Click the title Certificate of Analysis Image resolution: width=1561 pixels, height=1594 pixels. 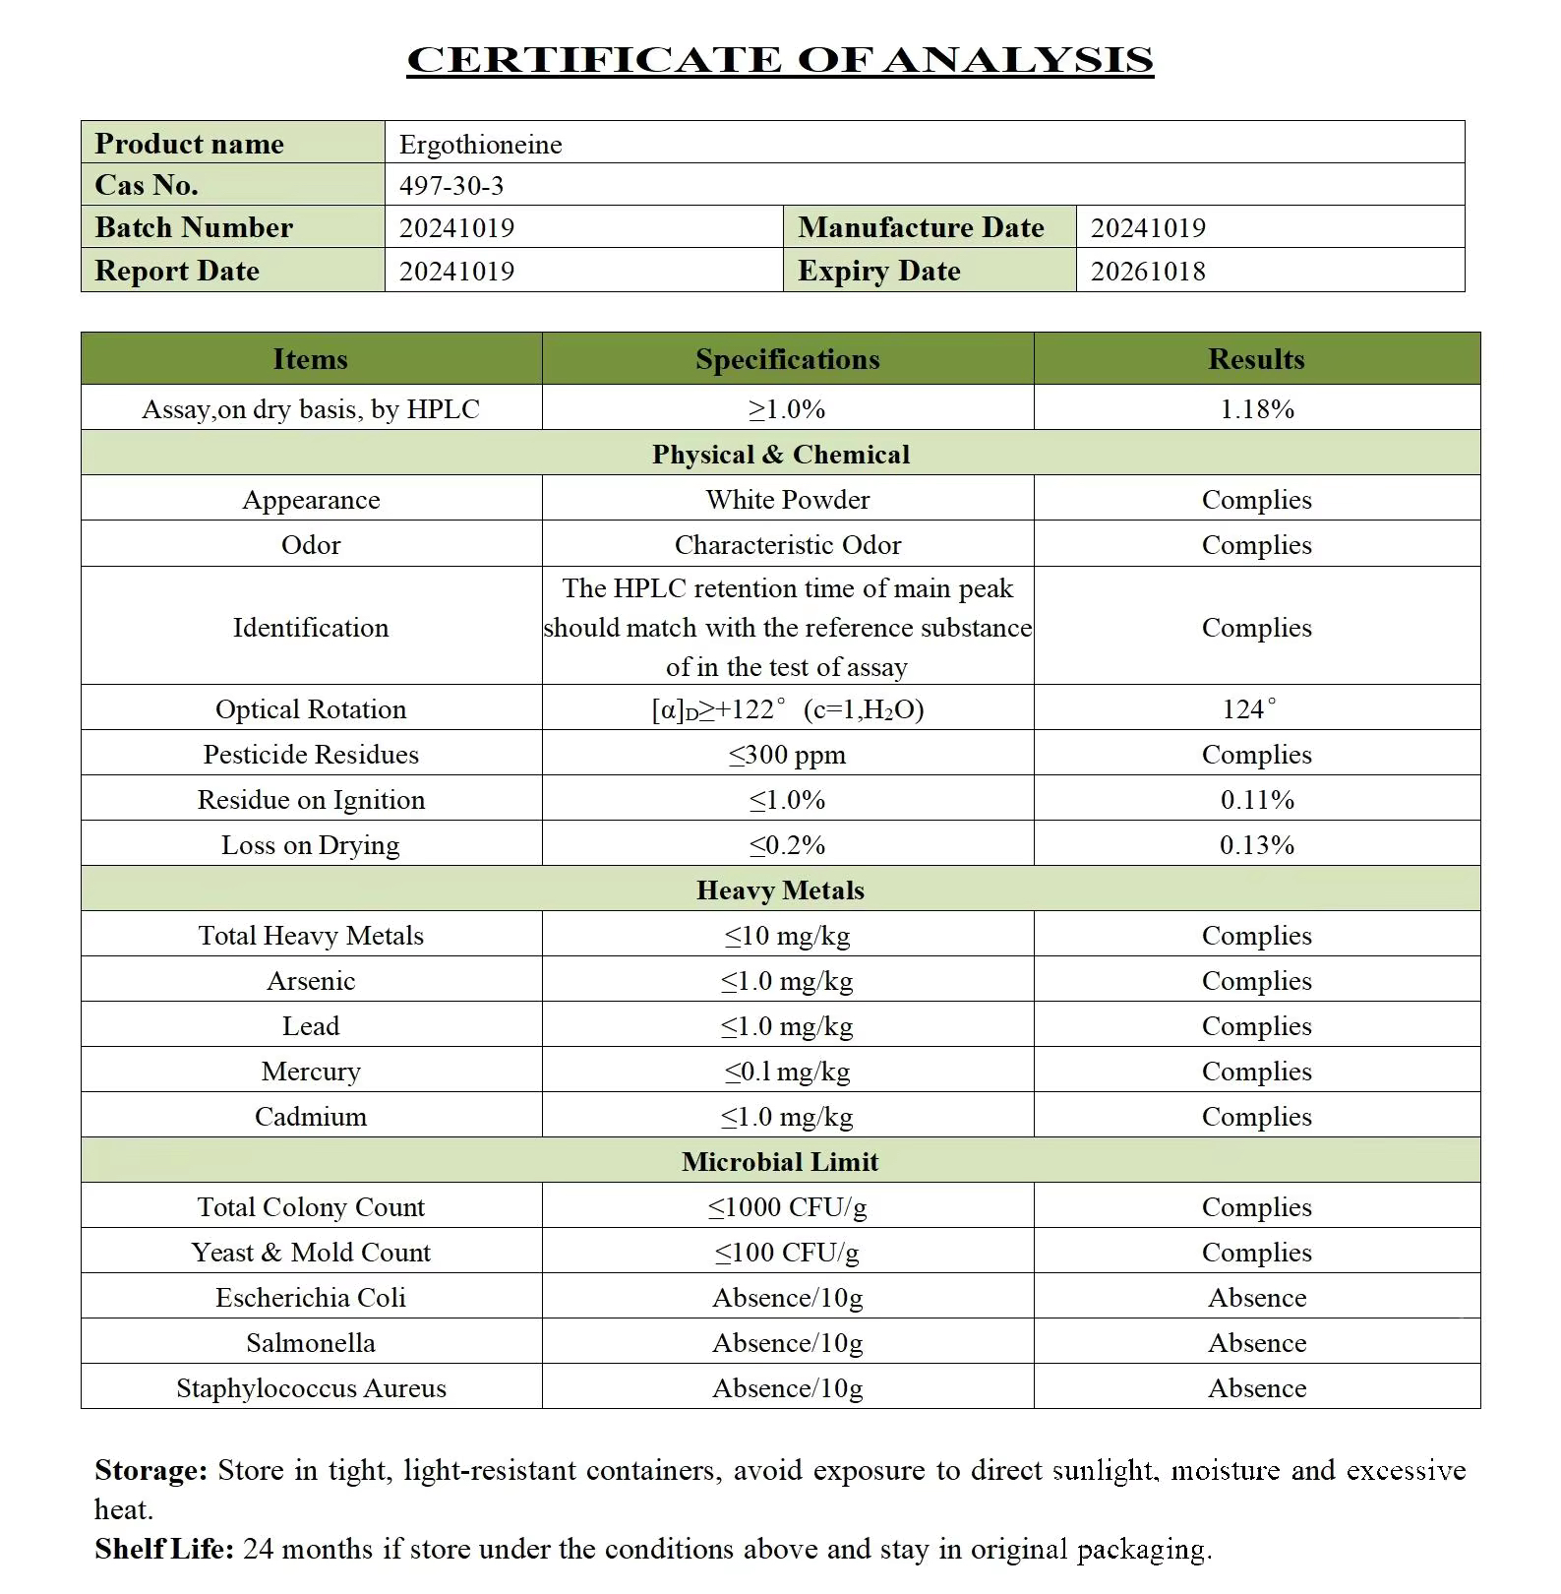coord(780,60)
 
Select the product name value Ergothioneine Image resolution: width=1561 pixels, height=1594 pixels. coord(480,145)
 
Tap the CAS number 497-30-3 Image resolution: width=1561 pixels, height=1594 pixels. coord(451,186)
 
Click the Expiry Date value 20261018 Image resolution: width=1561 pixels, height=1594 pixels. coord(1148,272)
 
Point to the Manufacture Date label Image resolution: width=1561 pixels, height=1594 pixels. coord(921,228)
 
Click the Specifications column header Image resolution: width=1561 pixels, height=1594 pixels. coord(787,359)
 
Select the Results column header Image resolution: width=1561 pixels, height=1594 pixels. coord(1256,359)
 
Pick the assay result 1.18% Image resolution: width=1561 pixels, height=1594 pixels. coord(1256,409)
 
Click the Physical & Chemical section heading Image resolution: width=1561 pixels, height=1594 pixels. coord(780,455)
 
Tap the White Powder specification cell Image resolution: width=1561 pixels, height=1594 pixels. coord(787,500)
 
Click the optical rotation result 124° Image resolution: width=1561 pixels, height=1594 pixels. coord(1249,709)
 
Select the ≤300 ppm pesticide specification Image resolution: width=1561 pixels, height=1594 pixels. coord(787,755)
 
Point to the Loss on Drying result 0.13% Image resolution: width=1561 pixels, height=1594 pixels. coord(1256,845)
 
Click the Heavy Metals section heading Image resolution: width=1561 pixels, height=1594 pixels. coord(780,890)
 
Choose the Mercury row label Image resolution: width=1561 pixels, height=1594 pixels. coord(311,1072)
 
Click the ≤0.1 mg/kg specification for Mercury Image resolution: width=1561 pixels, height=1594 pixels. coord(787,1072)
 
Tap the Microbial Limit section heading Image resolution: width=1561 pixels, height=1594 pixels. coord(780,1162)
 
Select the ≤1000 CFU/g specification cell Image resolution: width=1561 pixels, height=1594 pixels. coord(787,1207)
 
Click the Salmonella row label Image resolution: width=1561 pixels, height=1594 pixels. coord(311,1343)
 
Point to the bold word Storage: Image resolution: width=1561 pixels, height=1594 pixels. coord(150,1470)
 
